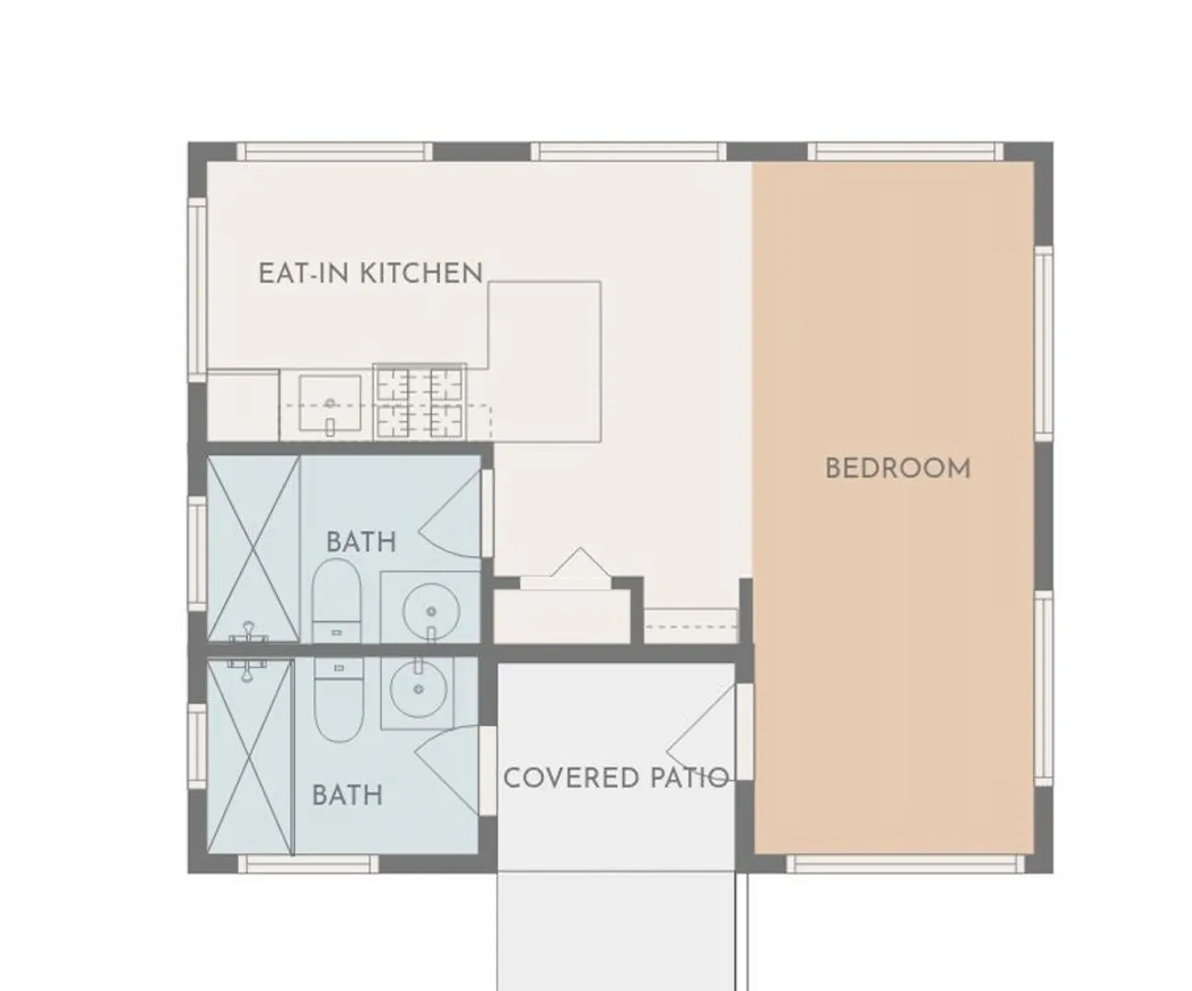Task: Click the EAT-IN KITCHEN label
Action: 370,273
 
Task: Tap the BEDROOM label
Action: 897,468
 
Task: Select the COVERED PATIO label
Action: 615,778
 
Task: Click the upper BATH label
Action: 361,541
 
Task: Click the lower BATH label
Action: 347,795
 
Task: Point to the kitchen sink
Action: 330,403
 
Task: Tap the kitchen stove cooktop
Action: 420,402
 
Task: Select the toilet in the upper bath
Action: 337,600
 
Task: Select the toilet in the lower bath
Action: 339,698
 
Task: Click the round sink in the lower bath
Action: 419,688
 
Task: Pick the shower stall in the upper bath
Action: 253,549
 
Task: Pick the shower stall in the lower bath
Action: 251,757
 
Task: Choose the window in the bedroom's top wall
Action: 905,151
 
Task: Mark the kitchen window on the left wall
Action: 197,290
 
